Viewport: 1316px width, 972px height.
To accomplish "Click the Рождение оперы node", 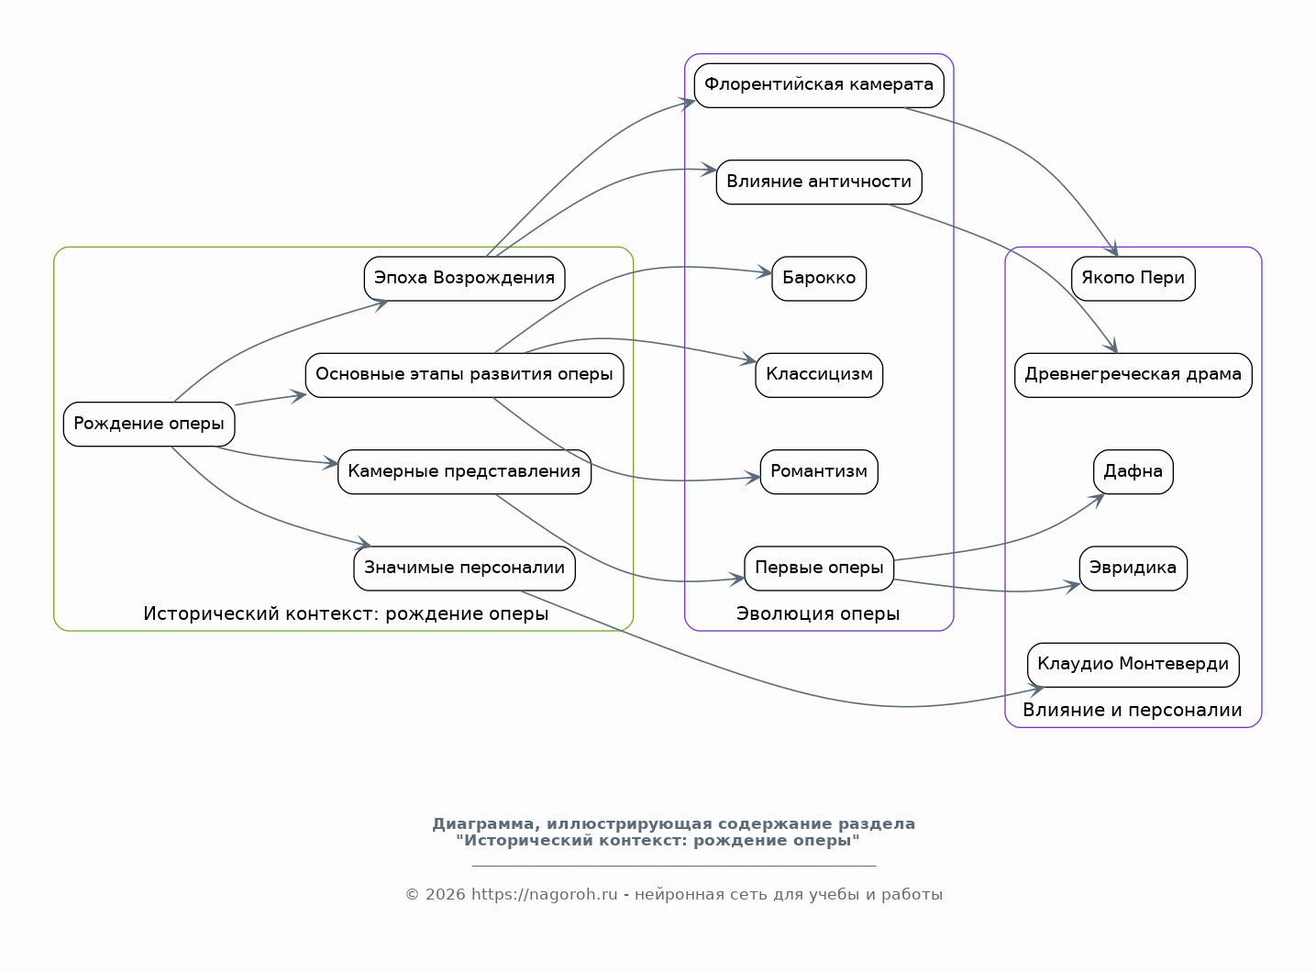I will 149,424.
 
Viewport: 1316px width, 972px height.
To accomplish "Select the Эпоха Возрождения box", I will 464,278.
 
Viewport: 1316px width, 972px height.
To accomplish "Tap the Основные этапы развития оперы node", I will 464,374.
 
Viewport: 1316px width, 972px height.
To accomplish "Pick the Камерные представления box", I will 464,471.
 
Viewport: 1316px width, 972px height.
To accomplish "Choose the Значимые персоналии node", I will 464,568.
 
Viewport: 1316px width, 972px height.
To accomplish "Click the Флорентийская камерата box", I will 818,85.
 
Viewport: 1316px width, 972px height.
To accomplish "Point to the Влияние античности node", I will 818,182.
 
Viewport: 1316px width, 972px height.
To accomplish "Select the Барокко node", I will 818,278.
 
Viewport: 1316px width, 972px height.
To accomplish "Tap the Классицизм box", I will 818,374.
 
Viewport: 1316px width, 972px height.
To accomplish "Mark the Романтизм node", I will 818,471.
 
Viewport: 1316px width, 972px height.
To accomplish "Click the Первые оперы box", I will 818,568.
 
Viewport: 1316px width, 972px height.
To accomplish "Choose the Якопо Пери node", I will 1133,278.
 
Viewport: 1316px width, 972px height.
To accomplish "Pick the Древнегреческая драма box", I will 1133,374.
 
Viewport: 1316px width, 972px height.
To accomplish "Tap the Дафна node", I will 1133,471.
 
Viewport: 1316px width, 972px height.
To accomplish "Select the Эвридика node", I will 1133,568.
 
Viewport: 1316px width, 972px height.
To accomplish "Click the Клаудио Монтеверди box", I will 1133,664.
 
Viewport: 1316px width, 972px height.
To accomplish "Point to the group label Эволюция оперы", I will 818,613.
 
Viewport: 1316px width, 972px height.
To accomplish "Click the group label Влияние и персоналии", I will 1133,711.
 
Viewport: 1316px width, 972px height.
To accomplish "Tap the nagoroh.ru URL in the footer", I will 544,895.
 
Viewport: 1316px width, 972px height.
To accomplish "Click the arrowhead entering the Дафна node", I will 1097,498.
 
